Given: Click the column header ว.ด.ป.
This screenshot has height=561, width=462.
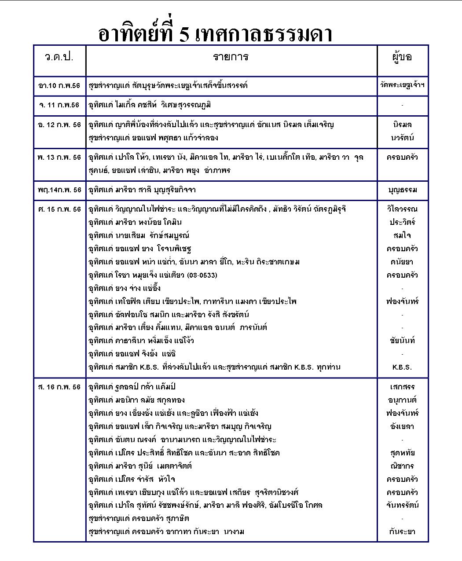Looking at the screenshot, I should pyautogui.click(x=59, y=57).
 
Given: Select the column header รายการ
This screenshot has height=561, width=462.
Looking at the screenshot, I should pyautogui.click(x=231, y=57).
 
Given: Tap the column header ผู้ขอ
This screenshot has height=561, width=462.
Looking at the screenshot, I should pyautogui.click(x=402, y=57).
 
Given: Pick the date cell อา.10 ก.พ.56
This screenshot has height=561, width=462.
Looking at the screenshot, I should pyautogui.click(x=59, y=85).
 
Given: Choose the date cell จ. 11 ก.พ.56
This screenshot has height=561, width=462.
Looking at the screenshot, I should pyautogui.click(x=59, y=105).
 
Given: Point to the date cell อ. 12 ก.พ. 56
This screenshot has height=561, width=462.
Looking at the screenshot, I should pyautogui.click(x=59, y=125).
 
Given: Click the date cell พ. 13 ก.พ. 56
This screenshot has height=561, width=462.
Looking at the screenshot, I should pyautogui.click(x=59, y=157).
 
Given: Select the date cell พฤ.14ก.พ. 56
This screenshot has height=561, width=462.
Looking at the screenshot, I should pyautogui.click(x=59, y=190).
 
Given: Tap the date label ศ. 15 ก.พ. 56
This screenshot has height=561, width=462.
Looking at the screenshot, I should pyautogui.click(x=59, y=209).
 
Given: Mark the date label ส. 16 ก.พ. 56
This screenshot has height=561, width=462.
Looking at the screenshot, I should pyautogui.click(x=59, y=387).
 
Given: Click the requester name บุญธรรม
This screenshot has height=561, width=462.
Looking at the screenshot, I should pyautogui.click(x=402, y=190).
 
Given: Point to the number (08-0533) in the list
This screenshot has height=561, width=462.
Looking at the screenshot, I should pyautogui.click(x=202, y=275).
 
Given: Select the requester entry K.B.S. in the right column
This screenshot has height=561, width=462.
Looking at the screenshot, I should pyautogui.click(x=402, y=367).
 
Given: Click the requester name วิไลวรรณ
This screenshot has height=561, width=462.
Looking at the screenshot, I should pyautogui.click(x=402, y=209).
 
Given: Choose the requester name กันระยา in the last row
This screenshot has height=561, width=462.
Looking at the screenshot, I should pyautogui.click(x=402, y=532).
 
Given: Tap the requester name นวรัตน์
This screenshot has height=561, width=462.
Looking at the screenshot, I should pyautogui.click(x=402, y=138).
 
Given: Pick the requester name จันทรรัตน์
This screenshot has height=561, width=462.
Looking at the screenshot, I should pyautogui.click(x=402, y=505).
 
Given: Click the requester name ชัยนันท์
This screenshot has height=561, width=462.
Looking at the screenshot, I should pyautogui.click(x=402, y=341).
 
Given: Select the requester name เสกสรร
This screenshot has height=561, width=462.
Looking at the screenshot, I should pyautogui.click(x=402, y=387).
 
